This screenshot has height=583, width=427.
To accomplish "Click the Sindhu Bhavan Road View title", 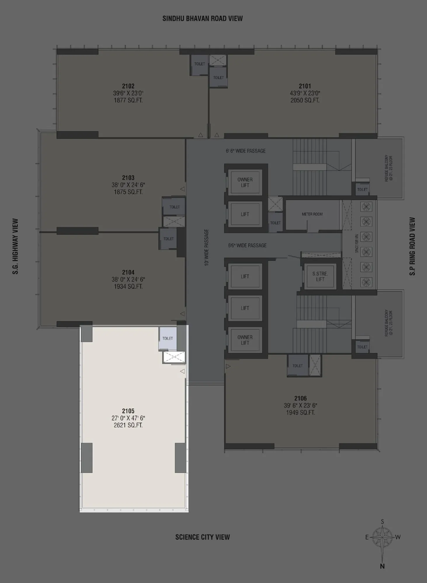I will pos(203,18).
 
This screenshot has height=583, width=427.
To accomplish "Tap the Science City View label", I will pos(203,537).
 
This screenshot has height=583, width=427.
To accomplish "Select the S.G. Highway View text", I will pos(15,246).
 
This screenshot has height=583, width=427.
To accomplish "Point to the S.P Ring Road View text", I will pos(412,246).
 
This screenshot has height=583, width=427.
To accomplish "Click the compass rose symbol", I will pos(382,537).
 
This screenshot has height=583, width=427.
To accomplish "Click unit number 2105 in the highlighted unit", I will pos(128,411).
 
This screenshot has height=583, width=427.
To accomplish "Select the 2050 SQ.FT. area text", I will pos(305,100).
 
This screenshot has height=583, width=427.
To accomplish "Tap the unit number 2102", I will pos(128,86).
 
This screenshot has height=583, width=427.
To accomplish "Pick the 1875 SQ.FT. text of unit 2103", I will pos(128,192).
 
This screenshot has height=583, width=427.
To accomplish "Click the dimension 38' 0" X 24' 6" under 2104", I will pos(128,279).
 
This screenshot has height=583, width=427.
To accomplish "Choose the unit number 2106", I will pos(300,398).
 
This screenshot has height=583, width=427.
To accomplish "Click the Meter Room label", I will pos(312,214).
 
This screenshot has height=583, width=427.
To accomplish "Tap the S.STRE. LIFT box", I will pos(320,277).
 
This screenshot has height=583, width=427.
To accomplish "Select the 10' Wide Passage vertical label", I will pos(206,247).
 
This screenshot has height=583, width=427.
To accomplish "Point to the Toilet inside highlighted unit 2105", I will pos(168,338).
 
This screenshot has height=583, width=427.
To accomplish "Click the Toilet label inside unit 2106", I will pos(297,366).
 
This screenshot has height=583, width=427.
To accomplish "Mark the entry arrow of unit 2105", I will pos(182,371).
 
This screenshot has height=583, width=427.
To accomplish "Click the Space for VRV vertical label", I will pos(357,243).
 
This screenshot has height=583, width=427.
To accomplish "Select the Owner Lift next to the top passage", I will pos(245,182).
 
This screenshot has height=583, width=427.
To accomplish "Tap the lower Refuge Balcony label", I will pos(388,323).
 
